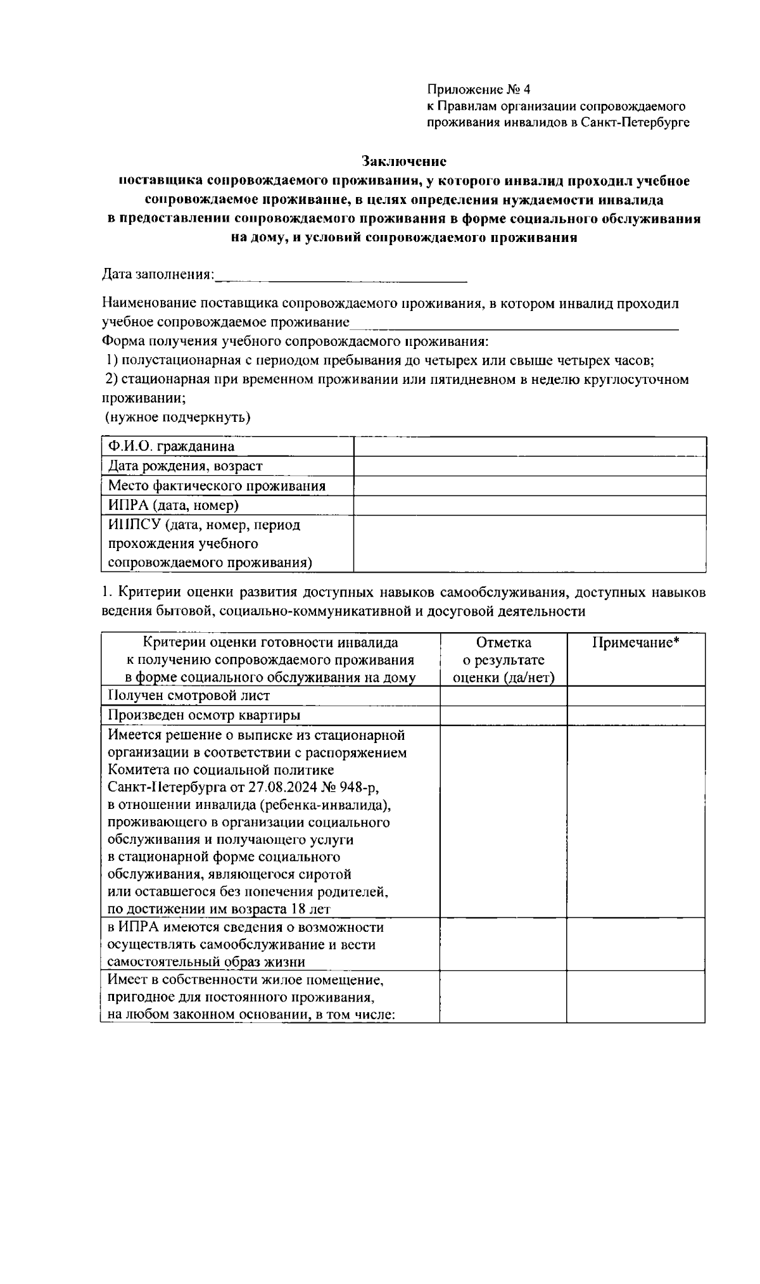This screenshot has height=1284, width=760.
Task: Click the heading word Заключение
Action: pos(404,162)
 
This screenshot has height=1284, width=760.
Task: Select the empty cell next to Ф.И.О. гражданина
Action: pos(529,446)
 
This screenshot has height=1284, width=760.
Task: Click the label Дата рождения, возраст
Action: pos(185,466)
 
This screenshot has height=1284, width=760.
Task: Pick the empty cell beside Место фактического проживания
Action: pos(529,486)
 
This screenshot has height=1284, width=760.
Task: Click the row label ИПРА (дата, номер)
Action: pos(173,505)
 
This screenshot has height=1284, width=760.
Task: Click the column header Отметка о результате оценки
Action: pos(503,659)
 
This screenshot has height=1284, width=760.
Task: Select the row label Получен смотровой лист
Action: pos(189,696)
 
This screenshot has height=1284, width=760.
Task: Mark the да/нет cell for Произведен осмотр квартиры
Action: pos(503,715)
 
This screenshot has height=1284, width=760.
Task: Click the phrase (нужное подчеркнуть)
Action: pos(177,417)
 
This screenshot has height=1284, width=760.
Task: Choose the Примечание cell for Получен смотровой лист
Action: pos(635,696)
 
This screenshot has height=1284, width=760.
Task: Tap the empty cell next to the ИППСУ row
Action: pos(529,543)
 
